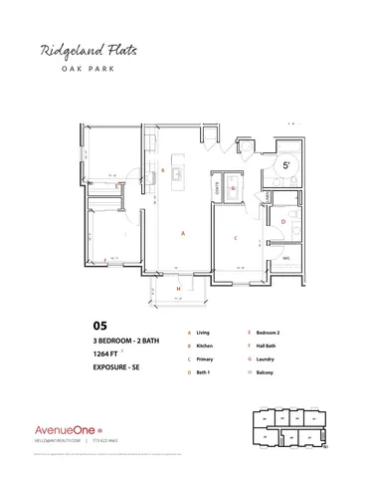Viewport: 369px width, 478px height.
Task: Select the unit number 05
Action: pos(98,325)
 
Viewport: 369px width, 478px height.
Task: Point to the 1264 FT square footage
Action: pos(110,355)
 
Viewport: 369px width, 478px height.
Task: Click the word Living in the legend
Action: pos(203,332)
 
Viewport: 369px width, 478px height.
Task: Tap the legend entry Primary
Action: pos(205,358)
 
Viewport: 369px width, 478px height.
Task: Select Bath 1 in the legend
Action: pos(204,371)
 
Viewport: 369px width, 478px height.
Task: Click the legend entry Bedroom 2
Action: pos(268,332)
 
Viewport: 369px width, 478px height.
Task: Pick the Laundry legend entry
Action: pos(266,358)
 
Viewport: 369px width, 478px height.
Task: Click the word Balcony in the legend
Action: pos(266,371)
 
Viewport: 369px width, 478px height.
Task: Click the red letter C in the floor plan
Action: pos(234,239)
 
